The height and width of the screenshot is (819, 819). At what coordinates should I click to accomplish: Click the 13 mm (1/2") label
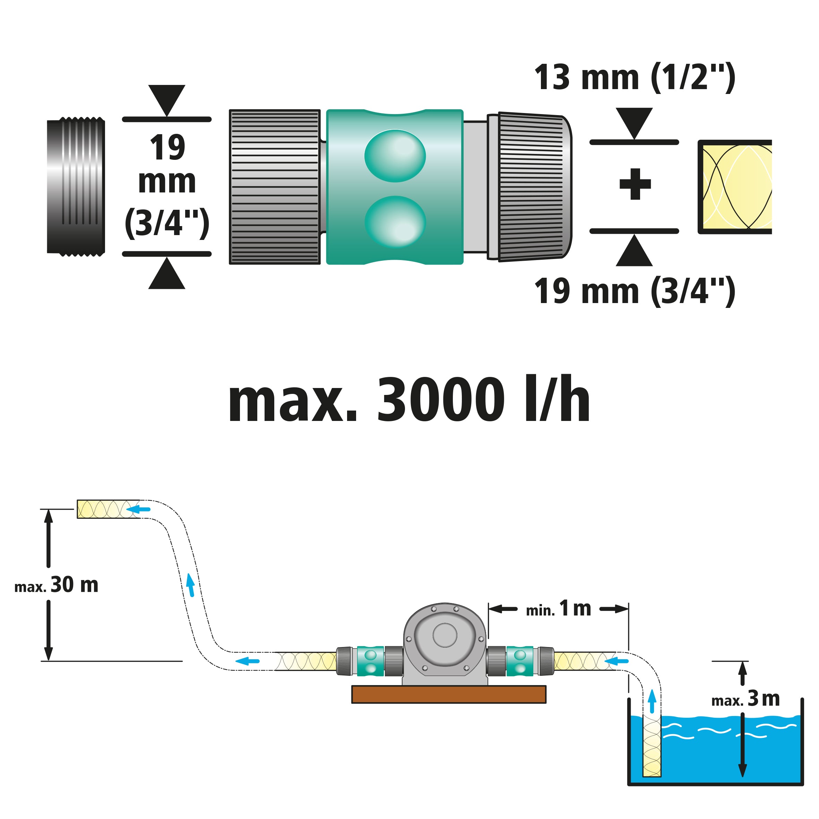point(634,78)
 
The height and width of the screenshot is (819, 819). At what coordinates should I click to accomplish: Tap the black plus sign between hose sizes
point(635,184)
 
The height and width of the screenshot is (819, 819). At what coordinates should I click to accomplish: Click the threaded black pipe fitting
point(76,187)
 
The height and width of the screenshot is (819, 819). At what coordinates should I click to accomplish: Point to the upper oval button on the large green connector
point(395,156)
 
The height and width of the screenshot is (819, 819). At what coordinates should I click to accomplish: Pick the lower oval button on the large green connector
point(395,221)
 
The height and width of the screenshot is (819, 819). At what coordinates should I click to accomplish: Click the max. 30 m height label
point(57,585)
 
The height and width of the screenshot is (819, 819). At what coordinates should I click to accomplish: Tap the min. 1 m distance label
point(558,609)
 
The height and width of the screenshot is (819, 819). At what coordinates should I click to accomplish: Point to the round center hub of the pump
point(445,635)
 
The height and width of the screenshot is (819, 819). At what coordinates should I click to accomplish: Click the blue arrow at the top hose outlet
point(138,509)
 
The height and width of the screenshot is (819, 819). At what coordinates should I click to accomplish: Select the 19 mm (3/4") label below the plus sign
point(634,292)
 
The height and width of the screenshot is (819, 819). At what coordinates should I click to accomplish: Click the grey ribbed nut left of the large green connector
point(275,187)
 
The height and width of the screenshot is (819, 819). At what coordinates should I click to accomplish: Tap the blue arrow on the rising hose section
point(191,585)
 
